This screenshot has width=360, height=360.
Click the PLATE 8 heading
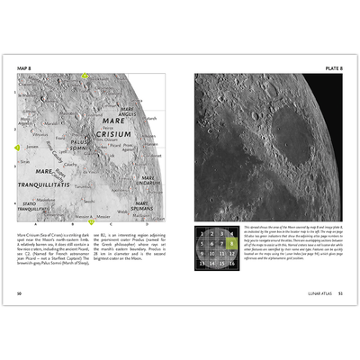(x=333, y=66)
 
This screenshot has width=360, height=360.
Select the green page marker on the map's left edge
(x=16, y=146)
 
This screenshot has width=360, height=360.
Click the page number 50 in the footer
(x=19, y=293)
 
